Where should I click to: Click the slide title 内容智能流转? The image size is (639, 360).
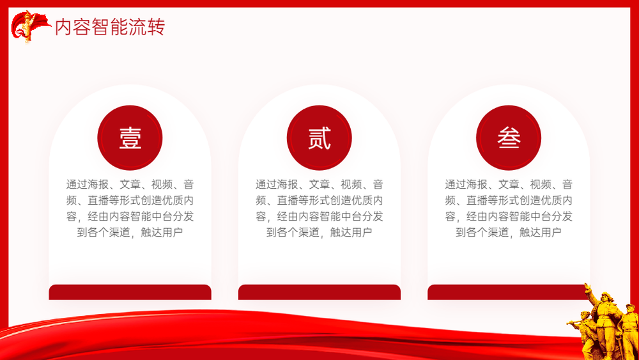[110, 27]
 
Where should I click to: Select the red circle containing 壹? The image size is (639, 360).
[130, 138]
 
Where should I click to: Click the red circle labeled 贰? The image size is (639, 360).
[319, 138]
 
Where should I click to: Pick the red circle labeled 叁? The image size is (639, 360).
[509, 138]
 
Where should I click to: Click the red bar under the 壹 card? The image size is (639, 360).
[130, 292]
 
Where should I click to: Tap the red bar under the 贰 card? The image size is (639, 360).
[319, 292]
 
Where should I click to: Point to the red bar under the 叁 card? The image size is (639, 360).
[507, 292]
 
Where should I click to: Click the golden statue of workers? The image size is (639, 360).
[603, 322]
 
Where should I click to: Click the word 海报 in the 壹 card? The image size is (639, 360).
[98, 184]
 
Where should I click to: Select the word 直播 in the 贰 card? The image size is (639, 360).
[288, 200]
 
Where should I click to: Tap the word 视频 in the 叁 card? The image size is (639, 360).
[541, 184]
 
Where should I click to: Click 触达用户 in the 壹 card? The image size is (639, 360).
[162, 232]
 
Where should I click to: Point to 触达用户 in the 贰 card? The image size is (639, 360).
[351, 232]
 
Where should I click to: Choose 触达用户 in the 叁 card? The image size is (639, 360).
[541, 232]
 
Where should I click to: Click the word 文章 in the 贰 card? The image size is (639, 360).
[319, 184]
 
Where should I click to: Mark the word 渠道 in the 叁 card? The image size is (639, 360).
[498, 232]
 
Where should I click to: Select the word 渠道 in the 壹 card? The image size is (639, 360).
[119, 232]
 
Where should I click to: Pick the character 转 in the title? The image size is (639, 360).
[156, 27]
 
